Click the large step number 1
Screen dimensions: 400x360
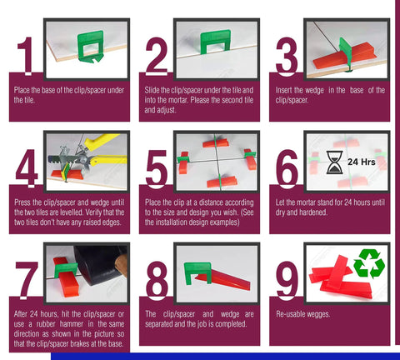pyautogui.click(x=26, y=56)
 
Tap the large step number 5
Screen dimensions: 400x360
pyautogui.click(x=156, y=169)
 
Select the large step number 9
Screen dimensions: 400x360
pyautogui.click(x=287, y=281)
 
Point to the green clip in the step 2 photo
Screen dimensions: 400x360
pyautogui.click(x=215, y=41)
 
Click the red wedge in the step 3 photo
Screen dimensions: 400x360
pyautogui.click(x=344, y=58)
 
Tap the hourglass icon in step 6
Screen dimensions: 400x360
pyautogui.click(x=334, y=162)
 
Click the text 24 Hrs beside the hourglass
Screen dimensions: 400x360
pyautogui.click(x=362, y=162)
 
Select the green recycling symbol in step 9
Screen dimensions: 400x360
pyautogui.click(x=369, y=263)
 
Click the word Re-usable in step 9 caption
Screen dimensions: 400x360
pyautogui.click(x=290, y=314)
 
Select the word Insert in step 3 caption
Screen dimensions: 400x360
pyautogui.click(x=284, y=90)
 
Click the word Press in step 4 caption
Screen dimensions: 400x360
pyautogui.click(x=22, y=202)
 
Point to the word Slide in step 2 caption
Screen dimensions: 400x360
pyautogui.click(x=152, y=90)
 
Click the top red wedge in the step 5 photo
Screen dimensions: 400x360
pyautogui.click(x=216, y=143)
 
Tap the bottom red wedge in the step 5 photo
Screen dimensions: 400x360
pyautogui.click(x=222, y=182)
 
